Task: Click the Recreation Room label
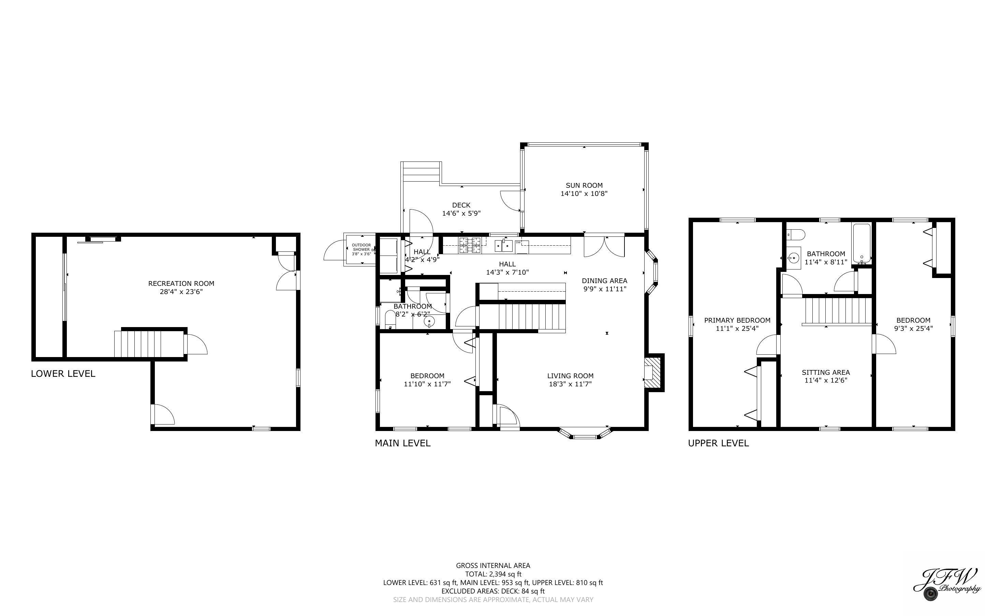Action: [x=181, y=283]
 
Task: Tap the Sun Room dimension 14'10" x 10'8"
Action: [x=584, y=194]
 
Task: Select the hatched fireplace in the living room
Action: [x=651, y=372]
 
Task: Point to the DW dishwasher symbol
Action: [x=519, y=243]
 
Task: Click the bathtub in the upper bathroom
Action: [x=861, y=243]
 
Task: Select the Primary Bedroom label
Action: [x=737, y=320]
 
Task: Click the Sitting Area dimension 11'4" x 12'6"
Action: [x=826, y=381]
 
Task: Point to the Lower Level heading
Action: [x=63, y=374]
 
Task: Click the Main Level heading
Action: [x=402, y=443]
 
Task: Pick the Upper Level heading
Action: [x=718, y=443]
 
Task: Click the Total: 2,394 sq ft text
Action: [x=493, y=574]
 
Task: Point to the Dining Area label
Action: [x=604, y=281]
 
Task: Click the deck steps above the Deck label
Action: [x=421, y=173]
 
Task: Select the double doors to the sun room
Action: [x=604, y=246]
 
